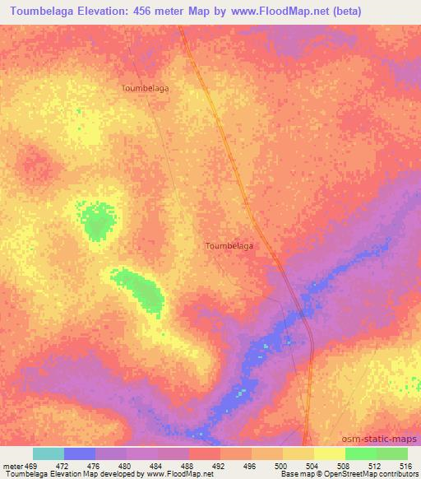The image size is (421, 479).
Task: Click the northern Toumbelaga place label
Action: pyautogui.click(x=146, y=86)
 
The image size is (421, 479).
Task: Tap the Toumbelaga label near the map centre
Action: pyautogui.click(x=229, y=245)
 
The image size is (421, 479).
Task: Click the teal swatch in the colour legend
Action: pyautogui.click(x=49, y=453)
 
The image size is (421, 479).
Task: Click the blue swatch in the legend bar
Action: pyautogui.click(x=80, y=453)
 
